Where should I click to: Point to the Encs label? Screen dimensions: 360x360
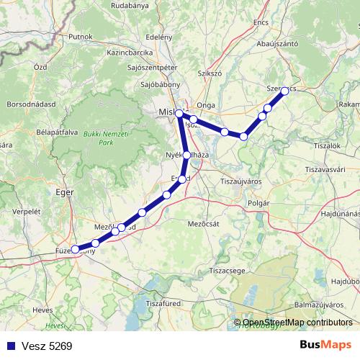click(261, 22)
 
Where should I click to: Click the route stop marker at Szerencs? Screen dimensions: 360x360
click(284, 91)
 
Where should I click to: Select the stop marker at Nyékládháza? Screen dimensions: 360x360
click(186, 155)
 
